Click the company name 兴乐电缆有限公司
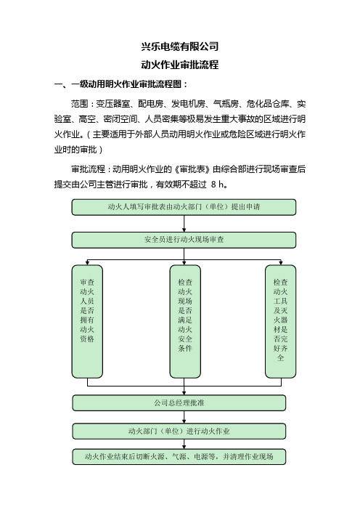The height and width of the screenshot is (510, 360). (180, 46)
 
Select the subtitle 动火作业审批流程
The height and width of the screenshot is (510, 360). (180, 65)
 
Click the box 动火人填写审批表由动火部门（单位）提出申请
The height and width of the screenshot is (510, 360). (184, 207)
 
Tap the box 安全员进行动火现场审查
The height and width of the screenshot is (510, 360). (184, 240)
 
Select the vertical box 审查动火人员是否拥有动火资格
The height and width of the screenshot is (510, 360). (87, 321)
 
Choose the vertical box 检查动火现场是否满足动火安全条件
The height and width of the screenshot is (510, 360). (185, 321)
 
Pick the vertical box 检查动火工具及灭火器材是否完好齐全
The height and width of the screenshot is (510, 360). (280, 321)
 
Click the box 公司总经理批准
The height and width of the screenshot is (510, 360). (179, 403)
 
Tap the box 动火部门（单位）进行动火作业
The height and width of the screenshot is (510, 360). (179, 432)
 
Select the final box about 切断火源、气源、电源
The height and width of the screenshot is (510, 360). (179, 457)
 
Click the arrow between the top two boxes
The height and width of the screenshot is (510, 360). (184, 224)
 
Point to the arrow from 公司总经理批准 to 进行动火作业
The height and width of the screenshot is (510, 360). (184, 417)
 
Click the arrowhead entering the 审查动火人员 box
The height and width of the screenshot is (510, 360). (87, 263)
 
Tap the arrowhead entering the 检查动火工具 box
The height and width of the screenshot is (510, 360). (281, 263)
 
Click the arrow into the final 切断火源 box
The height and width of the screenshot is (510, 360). (184, 444)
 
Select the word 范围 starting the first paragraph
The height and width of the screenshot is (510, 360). (80, 104)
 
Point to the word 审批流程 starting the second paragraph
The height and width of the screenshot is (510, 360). (88, 169)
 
